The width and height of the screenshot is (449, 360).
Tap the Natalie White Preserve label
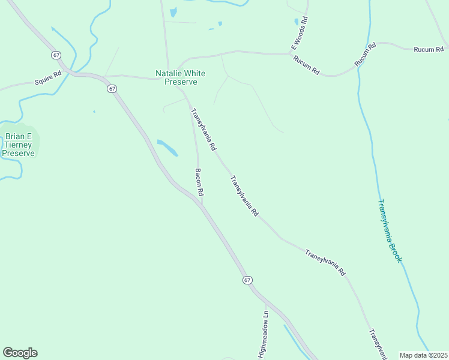click(181, 77)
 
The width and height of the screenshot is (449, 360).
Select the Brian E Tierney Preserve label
click(18, 145)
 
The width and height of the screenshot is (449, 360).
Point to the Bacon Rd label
click(200, 182)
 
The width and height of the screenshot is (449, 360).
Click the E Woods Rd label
click(299, 33)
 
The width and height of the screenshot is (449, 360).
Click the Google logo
click(20, 353)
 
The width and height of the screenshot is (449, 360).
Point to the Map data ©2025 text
click(423, 355)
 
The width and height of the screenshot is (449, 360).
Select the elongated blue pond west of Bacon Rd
click(167, 147)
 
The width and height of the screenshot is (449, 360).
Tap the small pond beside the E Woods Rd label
click(296, 22)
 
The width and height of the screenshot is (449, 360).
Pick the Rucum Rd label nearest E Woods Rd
click(306, 65)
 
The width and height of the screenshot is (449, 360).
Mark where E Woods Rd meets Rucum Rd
click(291, 53)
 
